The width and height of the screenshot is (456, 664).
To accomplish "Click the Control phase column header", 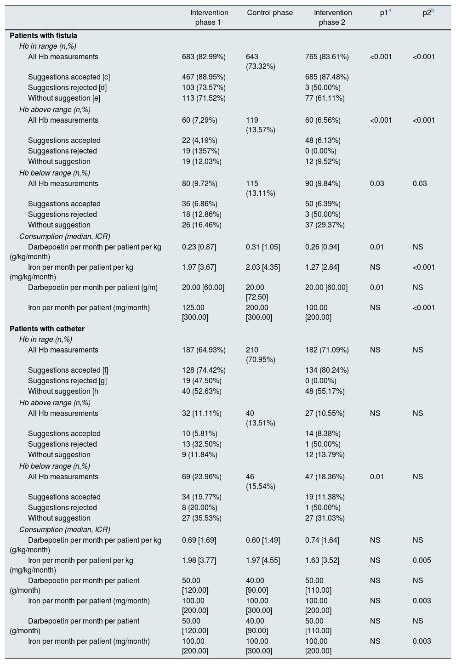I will point(270,13).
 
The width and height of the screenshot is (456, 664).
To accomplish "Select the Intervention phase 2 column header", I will point(333,17).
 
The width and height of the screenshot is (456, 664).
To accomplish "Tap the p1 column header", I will point(384,13).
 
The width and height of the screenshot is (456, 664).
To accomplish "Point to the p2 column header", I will point(427,13).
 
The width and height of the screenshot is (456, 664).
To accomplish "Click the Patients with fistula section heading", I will point(43,35).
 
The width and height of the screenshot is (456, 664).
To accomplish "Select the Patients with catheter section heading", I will point(47,329).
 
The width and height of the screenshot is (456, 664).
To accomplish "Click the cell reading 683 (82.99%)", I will point(204,57).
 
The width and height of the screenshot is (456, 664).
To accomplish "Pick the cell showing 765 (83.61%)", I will point(327,57).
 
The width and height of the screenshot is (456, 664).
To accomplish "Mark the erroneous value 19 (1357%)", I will point(200,151).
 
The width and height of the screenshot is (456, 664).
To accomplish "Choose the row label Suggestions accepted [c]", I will point(69,77).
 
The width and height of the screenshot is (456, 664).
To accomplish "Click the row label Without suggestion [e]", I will point(64,98).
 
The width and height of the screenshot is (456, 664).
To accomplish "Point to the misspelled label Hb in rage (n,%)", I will point(46,340).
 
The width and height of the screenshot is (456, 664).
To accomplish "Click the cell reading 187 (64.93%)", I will point(204,350).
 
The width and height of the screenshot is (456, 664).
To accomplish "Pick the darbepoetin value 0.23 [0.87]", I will point(199,247).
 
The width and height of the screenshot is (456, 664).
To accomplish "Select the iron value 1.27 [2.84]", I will point(322,267).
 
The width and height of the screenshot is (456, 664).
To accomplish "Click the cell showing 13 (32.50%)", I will point(202,444).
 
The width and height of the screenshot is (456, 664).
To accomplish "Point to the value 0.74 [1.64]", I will point(322,540).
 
